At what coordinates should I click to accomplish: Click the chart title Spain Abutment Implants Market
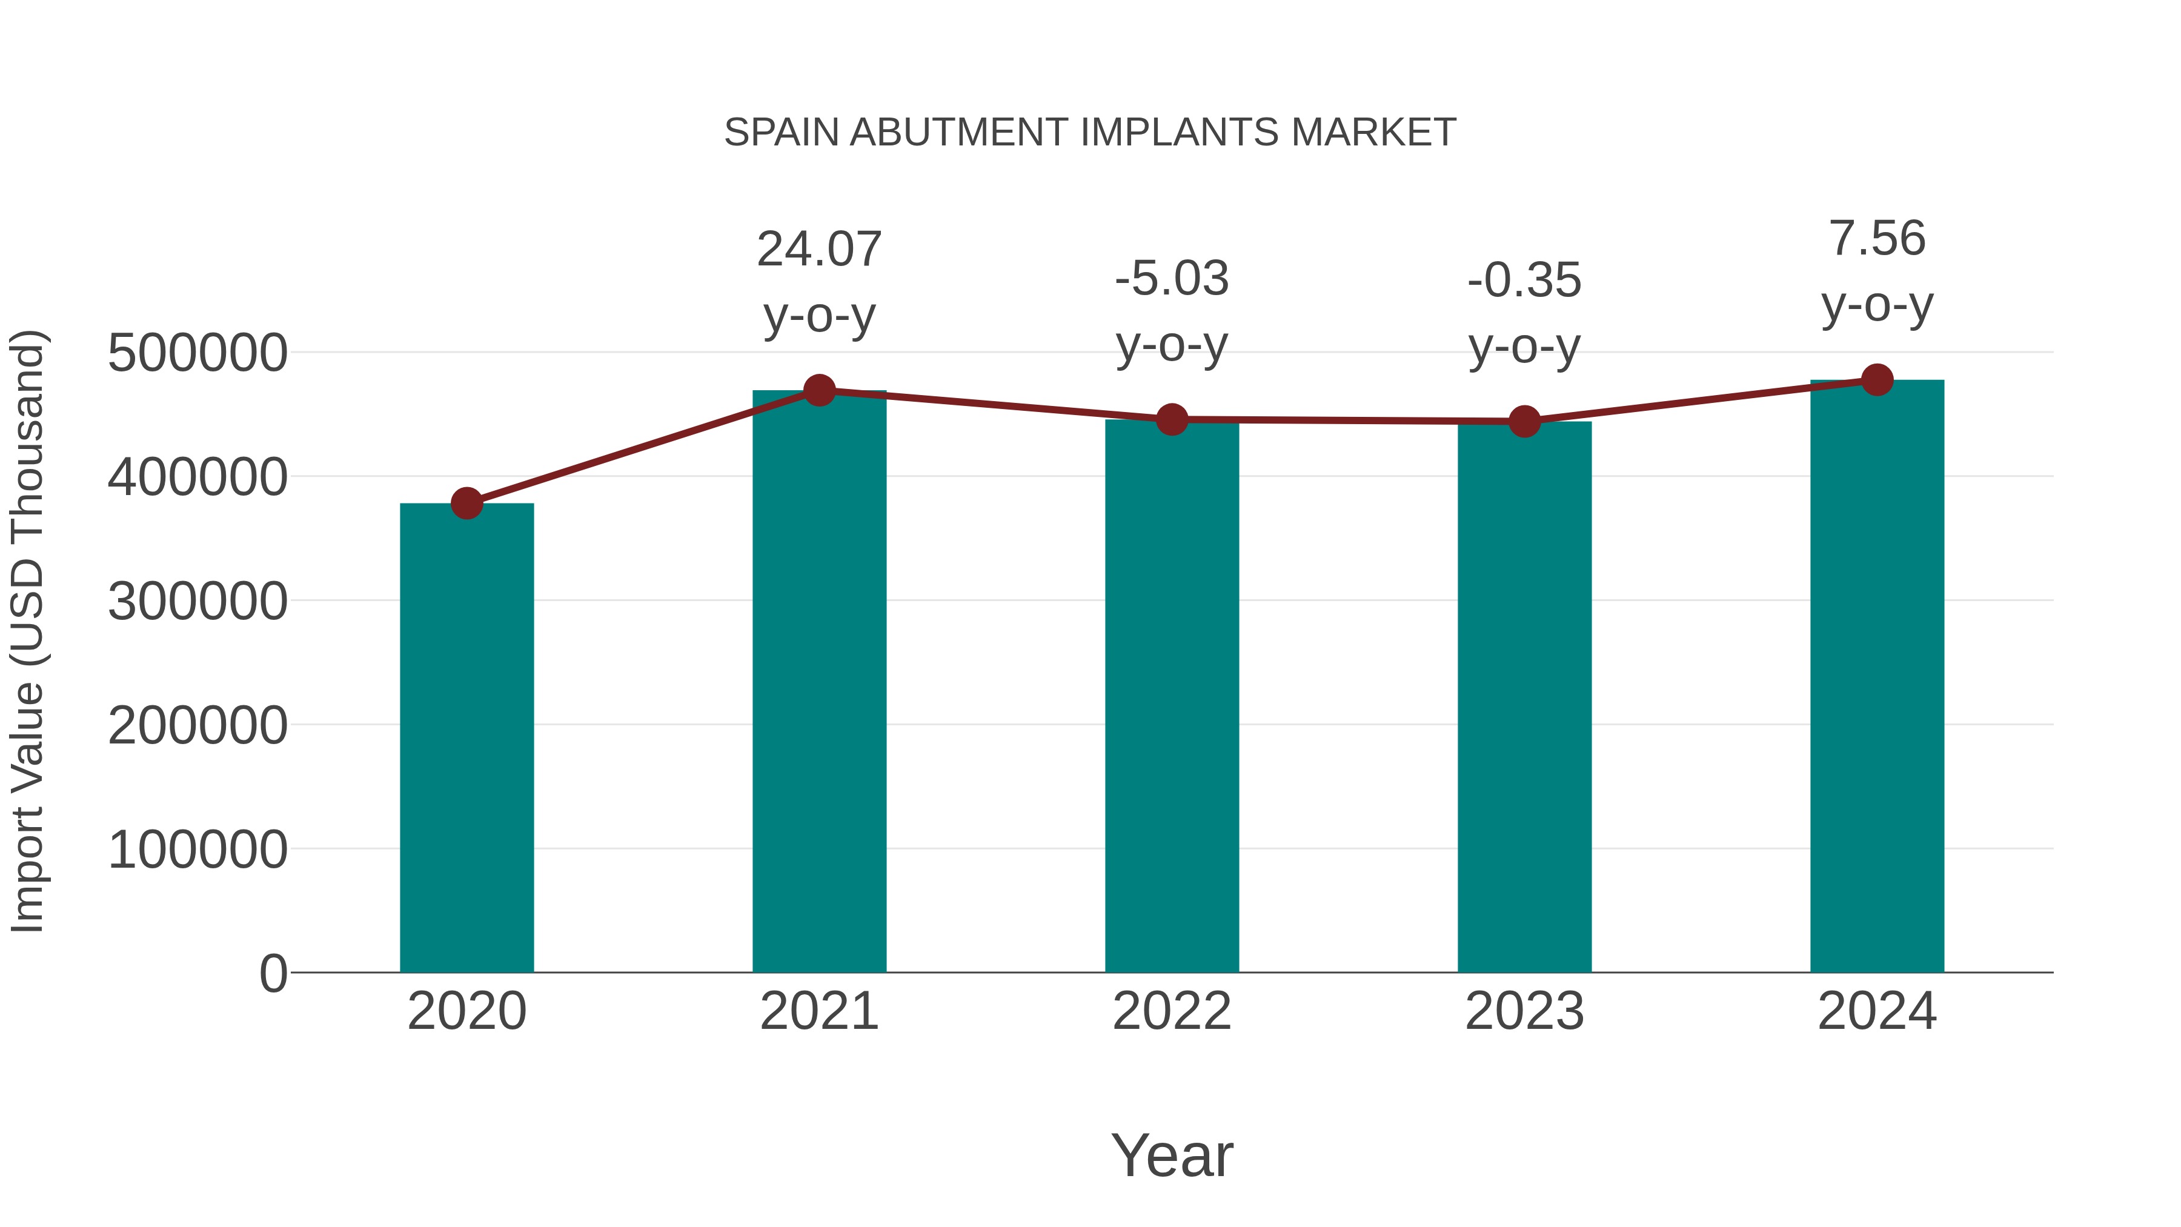1090,133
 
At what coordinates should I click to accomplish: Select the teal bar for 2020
466,737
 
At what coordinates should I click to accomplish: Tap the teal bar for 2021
818,681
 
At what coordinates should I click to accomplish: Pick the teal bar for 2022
1172,695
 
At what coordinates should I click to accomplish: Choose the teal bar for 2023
1524,696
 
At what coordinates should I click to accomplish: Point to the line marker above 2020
466,503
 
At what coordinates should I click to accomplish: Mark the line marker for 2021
818,390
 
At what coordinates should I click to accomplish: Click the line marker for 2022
1172,419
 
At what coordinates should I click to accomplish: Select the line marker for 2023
1524,421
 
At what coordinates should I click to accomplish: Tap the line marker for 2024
1877,380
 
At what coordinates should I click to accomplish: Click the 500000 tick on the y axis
198,353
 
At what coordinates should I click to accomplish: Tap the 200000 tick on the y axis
198,726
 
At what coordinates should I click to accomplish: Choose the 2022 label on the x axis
1172,1011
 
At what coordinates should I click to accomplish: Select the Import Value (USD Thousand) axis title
27,631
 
